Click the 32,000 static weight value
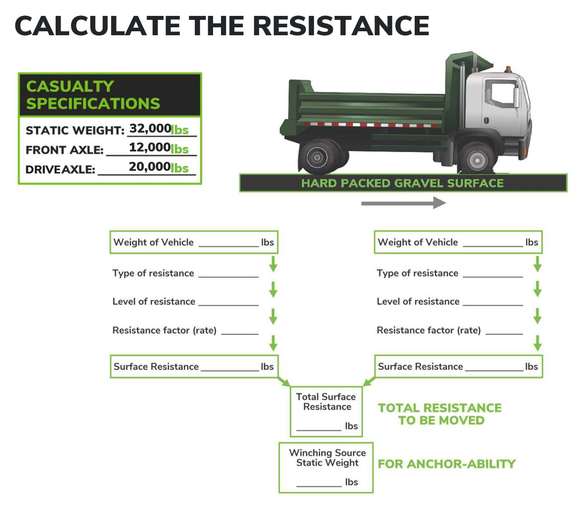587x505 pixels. [150, 129]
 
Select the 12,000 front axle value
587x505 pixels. [150, 147]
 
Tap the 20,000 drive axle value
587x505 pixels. [150, 166]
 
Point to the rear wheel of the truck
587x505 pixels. [318, 157]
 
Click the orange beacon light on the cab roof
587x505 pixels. [508, 69]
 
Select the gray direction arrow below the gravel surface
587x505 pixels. [404, 203]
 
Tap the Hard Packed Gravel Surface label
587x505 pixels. [402, 183]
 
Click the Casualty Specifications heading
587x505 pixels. [93, 95]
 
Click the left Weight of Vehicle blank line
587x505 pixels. [229, 246]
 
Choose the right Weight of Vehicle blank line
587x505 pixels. [493, 246]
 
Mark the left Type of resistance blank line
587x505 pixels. [228, 277]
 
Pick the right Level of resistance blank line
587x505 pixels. [493, 305]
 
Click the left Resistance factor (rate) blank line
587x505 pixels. [240, 334]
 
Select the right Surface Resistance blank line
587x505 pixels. [494, 370]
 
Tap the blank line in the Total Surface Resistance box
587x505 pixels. [319, 431]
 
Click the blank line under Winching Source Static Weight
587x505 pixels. [319, 486]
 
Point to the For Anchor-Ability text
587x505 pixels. [446, 464]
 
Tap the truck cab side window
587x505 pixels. [502, 93]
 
